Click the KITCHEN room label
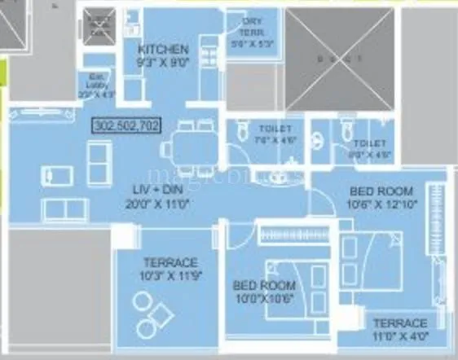click(x=163, y=50)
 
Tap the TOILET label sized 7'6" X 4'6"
click(x=271, y=134)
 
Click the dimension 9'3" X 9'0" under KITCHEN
click(x=163, y=61)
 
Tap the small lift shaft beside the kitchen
click(x=102, y=26)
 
